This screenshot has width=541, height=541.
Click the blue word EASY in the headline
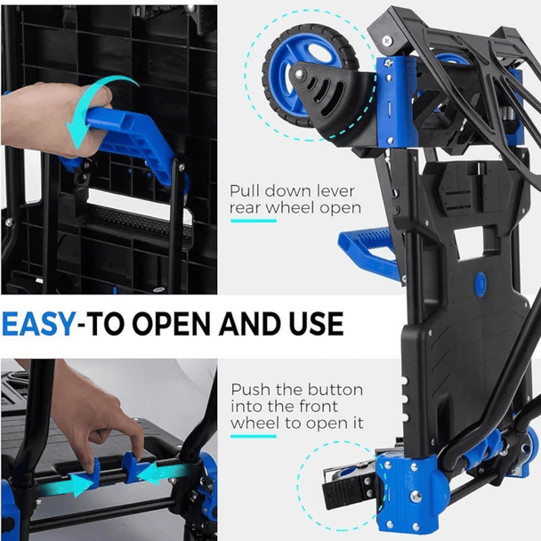[x=38, y=324]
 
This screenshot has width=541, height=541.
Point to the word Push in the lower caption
[x=251, y=390]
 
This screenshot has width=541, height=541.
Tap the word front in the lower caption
[x=319, y=407]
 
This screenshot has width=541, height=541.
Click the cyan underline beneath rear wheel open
[x=254, y=221]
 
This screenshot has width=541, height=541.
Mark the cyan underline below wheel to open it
[x=254, y=437]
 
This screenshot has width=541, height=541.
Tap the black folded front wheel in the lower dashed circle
[x=349, y=487]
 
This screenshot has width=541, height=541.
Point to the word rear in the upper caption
[x=246, y=209]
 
